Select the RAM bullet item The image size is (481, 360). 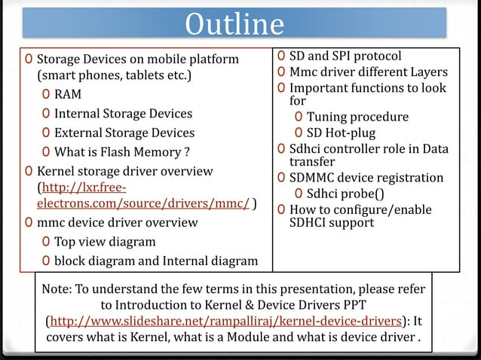pyautogui.click(x=67, y=95)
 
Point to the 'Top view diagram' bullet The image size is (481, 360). pyautogui.click(x=105, y=243)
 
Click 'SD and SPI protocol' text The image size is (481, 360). pyautogui.click(x=346, y=56)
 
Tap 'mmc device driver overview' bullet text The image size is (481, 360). pyautogui.click(x=118, y=223)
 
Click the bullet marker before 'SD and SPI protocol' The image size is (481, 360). pyautogui.click(x=280, y=56)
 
